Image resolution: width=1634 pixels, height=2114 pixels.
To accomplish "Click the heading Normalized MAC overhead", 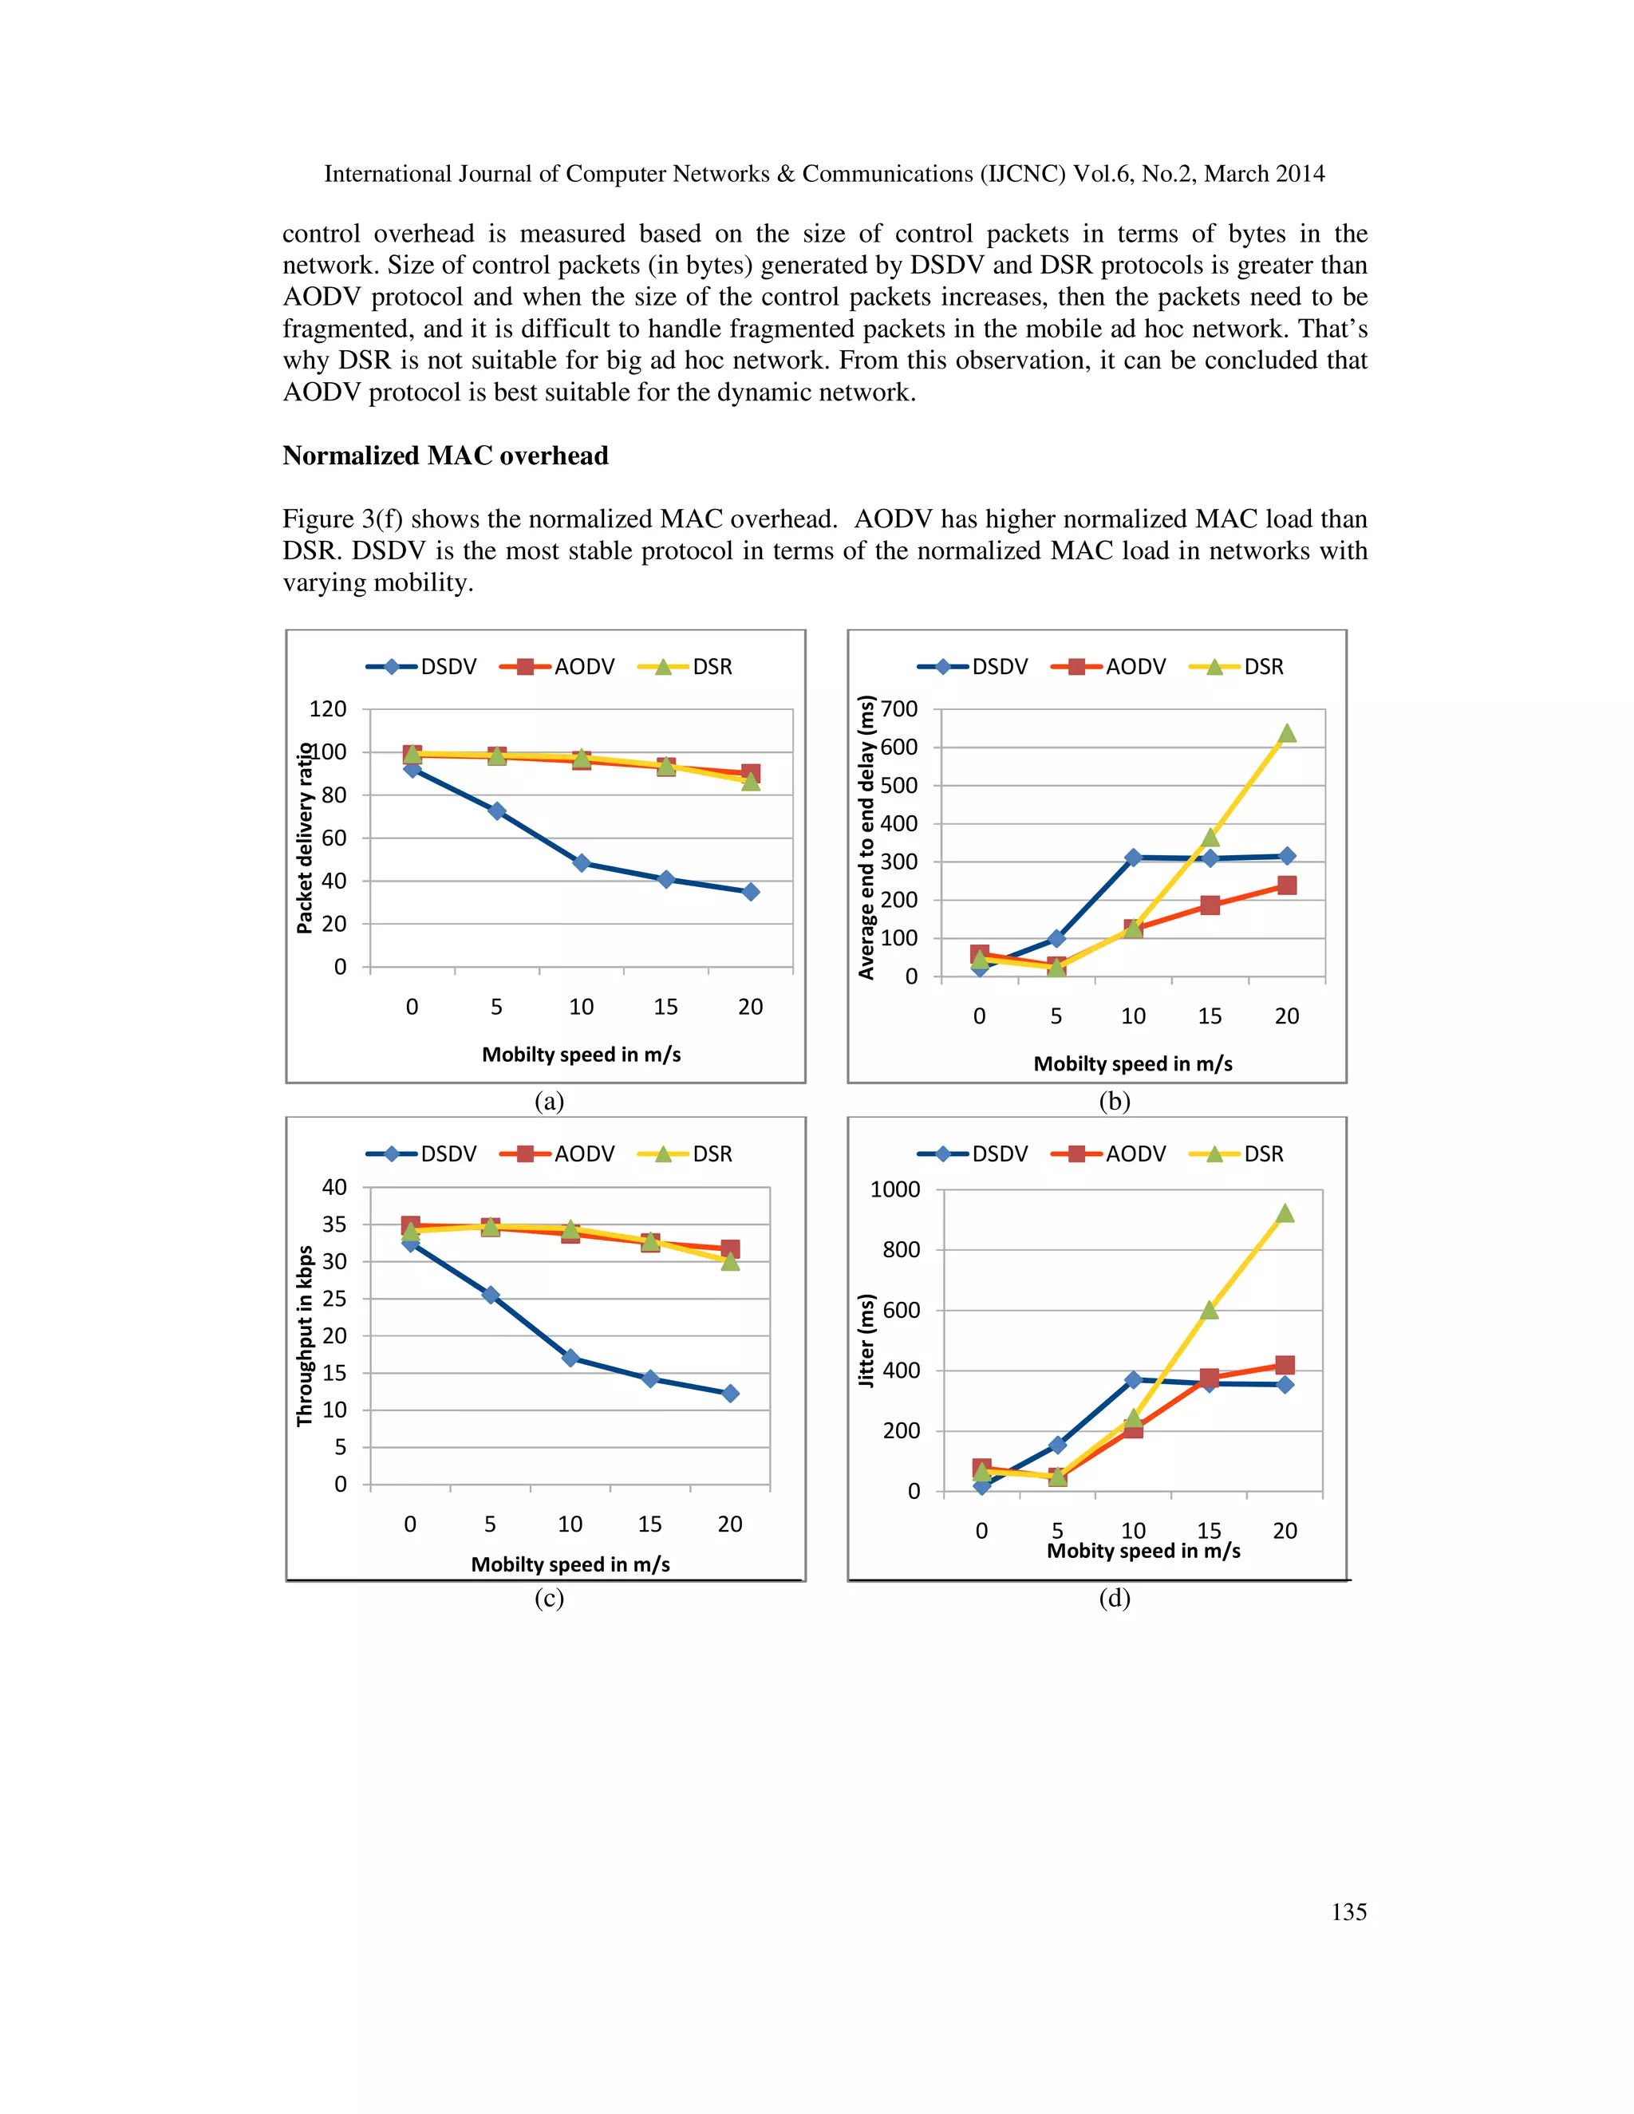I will point(445,456).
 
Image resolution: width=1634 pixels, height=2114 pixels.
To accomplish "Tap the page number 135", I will point(1348,1911).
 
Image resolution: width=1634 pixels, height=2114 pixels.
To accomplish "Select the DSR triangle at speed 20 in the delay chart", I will point(1286,734).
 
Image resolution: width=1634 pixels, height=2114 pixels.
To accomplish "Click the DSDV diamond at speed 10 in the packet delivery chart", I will point(581,862).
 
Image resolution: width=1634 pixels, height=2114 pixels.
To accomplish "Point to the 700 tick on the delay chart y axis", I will point(898,709).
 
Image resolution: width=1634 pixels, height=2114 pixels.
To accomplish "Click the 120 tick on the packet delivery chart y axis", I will point(327,709).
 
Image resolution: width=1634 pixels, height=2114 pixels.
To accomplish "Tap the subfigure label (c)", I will point(549,1598).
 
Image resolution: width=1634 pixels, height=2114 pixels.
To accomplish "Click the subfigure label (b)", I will point(1114,1102).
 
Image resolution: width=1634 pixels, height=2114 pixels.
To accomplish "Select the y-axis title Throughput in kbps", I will point(305,1335).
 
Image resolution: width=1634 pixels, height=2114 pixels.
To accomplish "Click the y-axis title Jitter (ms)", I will point(866,1341).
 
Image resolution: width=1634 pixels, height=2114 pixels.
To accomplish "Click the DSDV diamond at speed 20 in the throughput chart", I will point(730,1393).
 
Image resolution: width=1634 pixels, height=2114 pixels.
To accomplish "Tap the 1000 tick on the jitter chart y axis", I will point(894,1189).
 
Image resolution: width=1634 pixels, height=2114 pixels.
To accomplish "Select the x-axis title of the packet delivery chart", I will point(581,1054).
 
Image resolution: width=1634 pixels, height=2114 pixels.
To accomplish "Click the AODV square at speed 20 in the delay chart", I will point(1286,885).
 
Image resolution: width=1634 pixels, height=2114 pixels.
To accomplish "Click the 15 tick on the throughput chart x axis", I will point(649,1524).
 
